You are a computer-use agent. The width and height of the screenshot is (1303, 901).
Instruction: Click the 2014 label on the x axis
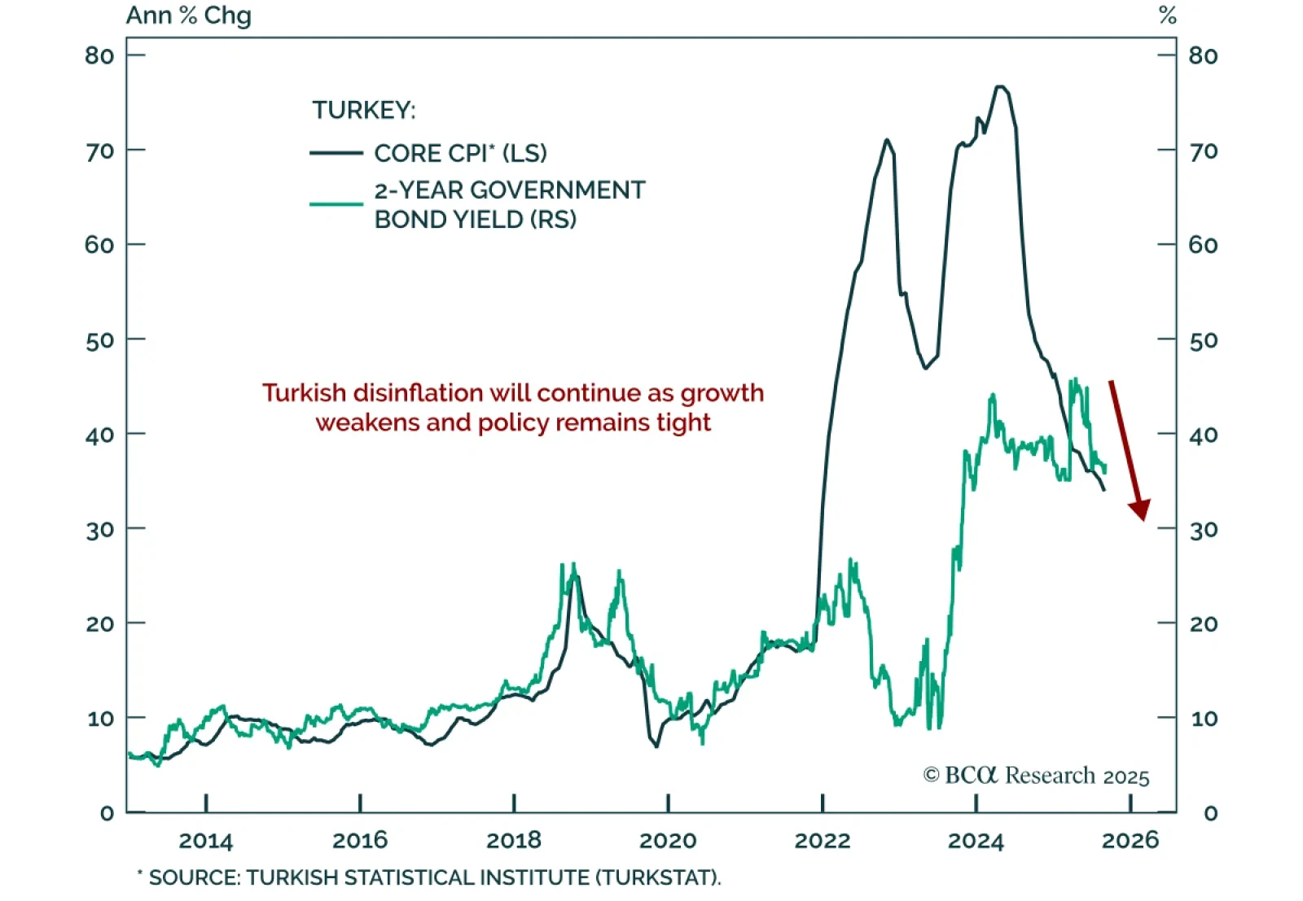[x=205, y=841]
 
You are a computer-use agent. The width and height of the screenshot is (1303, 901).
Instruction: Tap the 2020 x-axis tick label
[x=668, y=841]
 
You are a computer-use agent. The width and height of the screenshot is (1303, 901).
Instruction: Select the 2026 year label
[x=1130, y=841]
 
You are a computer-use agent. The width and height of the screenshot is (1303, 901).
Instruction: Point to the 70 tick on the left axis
[x=99, y=151]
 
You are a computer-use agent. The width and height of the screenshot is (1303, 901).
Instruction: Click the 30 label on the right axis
[x=1203, y=530]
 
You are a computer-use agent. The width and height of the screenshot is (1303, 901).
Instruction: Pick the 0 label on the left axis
[x=107, y=813]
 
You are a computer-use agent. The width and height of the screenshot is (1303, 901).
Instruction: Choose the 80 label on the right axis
[x=1203, y=55]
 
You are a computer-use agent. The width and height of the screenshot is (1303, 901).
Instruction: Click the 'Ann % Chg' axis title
[x=188, y=15]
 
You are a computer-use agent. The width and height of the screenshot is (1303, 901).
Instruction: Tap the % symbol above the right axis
[x=1168, y=15]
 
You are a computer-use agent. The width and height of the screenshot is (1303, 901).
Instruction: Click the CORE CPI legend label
[x=460, y=153]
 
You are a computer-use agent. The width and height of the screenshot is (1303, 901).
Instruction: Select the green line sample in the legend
[x=336, y=203]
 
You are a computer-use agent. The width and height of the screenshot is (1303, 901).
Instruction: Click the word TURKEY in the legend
[x=363, y=110]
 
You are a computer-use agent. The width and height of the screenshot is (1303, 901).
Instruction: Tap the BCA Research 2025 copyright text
[x=1036, y=776]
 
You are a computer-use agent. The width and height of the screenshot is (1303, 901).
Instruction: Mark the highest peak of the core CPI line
[x=1001, y=86]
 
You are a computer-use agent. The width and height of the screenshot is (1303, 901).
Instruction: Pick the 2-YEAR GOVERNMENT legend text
[x=509, y=190]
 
